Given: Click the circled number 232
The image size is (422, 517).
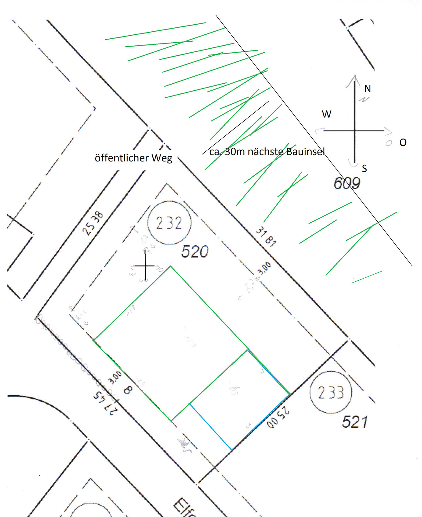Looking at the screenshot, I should click(x=169, y=223).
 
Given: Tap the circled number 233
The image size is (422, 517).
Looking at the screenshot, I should click(x=331, y=392).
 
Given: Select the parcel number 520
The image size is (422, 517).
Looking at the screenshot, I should click(x=195, y=252).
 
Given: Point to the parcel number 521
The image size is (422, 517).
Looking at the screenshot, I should click(x=355, y=422).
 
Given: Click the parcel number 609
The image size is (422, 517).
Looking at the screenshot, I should click(x=347, y=183).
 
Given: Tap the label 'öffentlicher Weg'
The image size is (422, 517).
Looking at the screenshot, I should click(x=133, y=158).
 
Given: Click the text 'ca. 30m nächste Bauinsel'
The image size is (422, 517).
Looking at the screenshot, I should click(x=267, y=151).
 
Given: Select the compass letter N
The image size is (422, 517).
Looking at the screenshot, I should click(x=367, y=89).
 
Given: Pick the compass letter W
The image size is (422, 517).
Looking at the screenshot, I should click(x=327, y=114).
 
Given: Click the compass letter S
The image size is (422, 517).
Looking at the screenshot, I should click(x=364, y=168).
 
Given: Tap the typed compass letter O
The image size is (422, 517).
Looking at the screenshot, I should click(x=403, y=142).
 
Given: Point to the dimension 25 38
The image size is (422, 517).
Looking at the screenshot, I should click(x=93, y=224).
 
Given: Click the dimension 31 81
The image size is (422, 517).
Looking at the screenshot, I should click(x=266, y=237).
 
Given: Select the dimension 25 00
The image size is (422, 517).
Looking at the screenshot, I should click(x=278, y=419).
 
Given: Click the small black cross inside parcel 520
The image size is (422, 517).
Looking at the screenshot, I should click(x=145, y=266).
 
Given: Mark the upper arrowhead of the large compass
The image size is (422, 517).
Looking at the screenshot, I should click(x=354, y=77).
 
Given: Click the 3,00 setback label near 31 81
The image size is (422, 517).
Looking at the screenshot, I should click(x=264, y=269).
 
